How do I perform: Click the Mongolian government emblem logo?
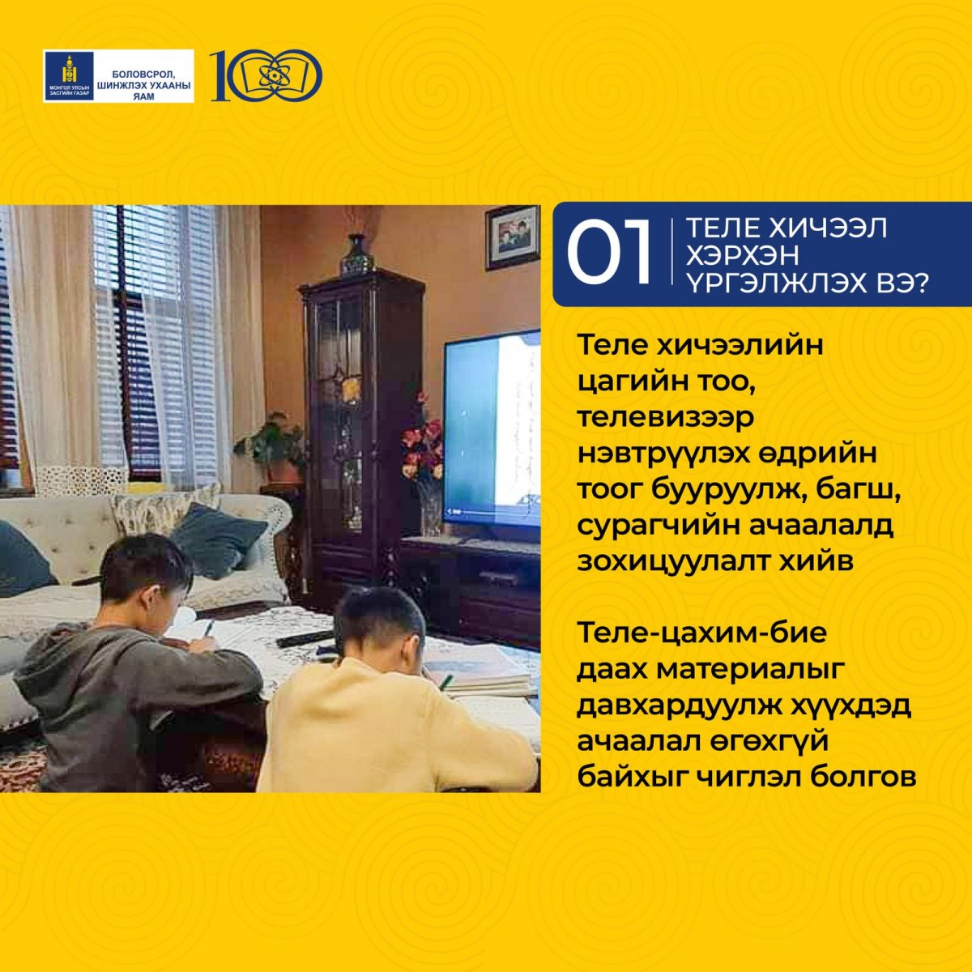click(x=69, y=76)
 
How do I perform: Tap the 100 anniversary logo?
click(x=266, y=75)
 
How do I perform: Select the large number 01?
click(x=609, y=254)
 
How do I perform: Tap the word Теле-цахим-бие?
click(x=702, y=634)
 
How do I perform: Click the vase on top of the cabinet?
click(x=357, y=255)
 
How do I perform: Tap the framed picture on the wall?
click(x=512, y=237)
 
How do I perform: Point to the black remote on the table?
click(x=305, y=639)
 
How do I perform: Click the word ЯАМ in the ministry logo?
click(x=143, y=96)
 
